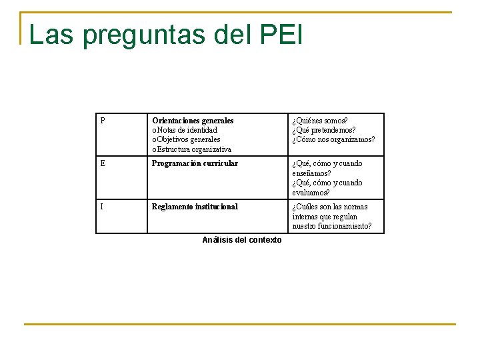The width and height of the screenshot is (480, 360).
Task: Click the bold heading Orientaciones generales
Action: coord(193,121)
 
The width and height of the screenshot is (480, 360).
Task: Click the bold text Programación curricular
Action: coord(195,163)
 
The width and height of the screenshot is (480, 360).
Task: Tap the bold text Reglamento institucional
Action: coord(195,207)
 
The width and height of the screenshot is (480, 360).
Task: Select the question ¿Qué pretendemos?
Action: coord(323,130)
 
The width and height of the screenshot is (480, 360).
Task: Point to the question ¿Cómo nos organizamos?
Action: coord(333,139)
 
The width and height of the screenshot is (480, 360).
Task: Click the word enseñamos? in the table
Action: coord(311,173)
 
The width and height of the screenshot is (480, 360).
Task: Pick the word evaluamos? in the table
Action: coord(311,193)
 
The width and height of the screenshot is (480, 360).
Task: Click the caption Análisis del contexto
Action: coord(241,240)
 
